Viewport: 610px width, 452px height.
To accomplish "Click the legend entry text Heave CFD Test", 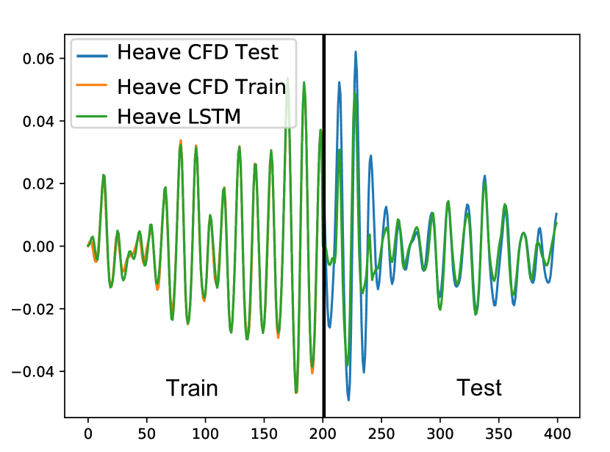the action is pyautogui.click(x=198, y=52).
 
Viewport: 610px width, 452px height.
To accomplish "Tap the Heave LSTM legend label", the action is pyautogui.click(x=179, y=116).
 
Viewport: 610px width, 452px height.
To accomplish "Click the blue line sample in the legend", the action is pyautogui.click(x=92, y=56).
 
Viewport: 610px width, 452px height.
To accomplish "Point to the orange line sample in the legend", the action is pyautogui.click(x=92, y=84).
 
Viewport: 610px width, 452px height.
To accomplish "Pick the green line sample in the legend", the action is pyautogui.click(x=92, y=116).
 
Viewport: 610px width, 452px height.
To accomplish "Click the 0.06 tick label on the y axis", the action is pyautogui.click(x=38, y=59).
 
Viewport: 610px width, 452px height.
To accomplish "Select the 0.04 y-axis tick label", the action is pyautogui.click(x=38, y=121).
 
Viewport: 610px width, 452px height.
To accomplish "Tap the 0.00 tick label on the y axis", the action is pyautogui.click(x=38, y=247).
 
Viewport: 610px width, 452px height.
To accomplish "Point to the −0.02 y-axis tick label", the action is pyautogui.click(x=32, y=309).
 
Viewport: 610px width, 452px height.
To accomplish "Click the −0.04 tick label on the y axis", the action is pyautogui.click(x=32, y=371).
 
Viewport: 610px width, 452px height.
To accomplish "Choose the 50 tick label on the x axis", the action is pyautogui.click(x=147, y=434).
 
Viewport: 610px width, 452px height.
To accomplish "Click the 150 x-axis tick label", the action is pyautogui.click(x=264, y=434).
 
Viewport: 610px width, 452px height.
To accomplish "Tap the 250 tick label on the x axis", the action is pyautogui.click(x=381, y=434).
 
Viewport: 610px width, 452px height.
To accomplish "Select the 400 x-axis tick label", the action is pyautogui.click(x=558, y=434).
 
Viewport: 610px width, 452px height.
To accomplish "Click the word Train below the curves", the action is pyautogui.click(x=192, y=387).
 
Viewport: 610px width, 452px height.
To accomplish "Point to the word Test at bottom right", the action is pyautogui.click(x=479, y=387).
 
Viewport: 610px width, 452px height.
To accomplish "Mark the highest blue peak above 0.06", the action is pyautogui.click(x=356, y=52).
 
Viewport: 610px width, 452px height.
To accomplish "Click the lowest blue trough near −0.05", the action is pyautogui.click(x=348, y=400).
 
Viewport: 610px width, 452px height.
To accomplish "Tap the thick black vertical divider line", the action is pyautogui.click(x=323, y=226).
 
